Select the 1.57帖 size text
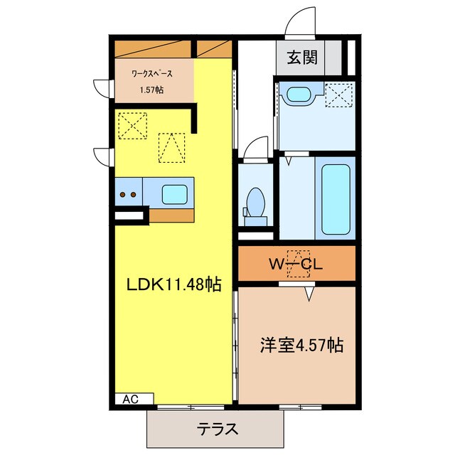click(x=151, y=90)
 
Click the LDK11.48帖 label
click(x=173, y=284)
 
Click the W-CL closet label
click(x=296, y=264)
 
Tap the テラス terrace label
click(x=217, y=429)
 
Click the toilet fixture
click(x=255, y=200)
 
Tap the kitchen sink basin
click(x=173, y=193)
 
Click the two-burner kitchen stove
click(x=129, y=193)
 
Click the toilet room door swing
click(x=252, y=149)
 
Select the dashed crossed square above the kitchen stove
click(x=132, y=127)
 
